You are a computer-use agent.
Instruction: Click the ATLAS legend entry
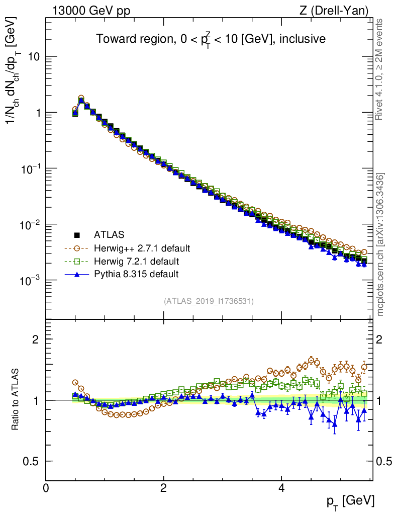pos(109,234)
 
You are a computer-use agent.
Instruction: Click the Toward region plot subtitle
pos(211,39)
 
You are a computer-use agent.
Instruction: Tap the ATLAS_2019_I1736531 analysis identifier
pos(209,301)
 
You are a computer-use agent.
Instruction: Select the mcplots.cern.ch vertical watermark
pos(380,244)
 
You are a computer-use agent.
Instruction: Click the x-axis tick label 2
pos(163,487)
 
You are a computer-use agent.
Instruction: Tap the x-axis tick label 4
pos(281,487)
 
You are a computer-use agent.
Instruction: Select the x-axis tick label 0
pos(46,487)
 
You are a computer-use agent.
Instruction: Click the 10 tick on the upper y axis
pos(33,57)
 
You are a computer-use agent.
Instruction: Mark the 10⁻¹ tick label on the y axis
pos(29,167)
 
